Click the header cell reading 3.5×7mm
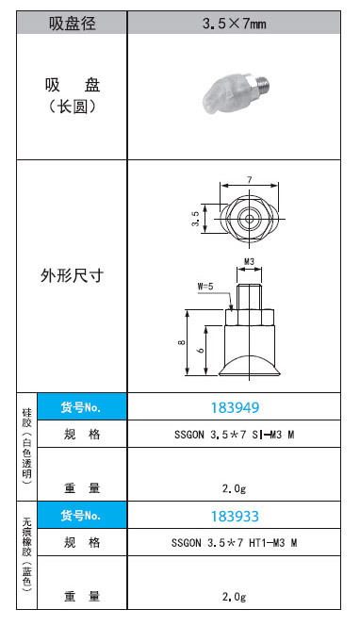(x=235, y=24)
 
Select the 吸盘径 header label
(x=73, y=24)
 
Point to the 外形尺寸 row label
(x=73, y=276)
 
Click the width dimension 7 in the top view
(x=250, y=180)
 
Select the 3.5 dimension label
(x=195, y=219)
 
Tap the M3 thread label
(x=249, y=262)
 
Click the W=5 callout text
(x=205, y=287)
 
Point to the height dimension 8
(x=182, y=342)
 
